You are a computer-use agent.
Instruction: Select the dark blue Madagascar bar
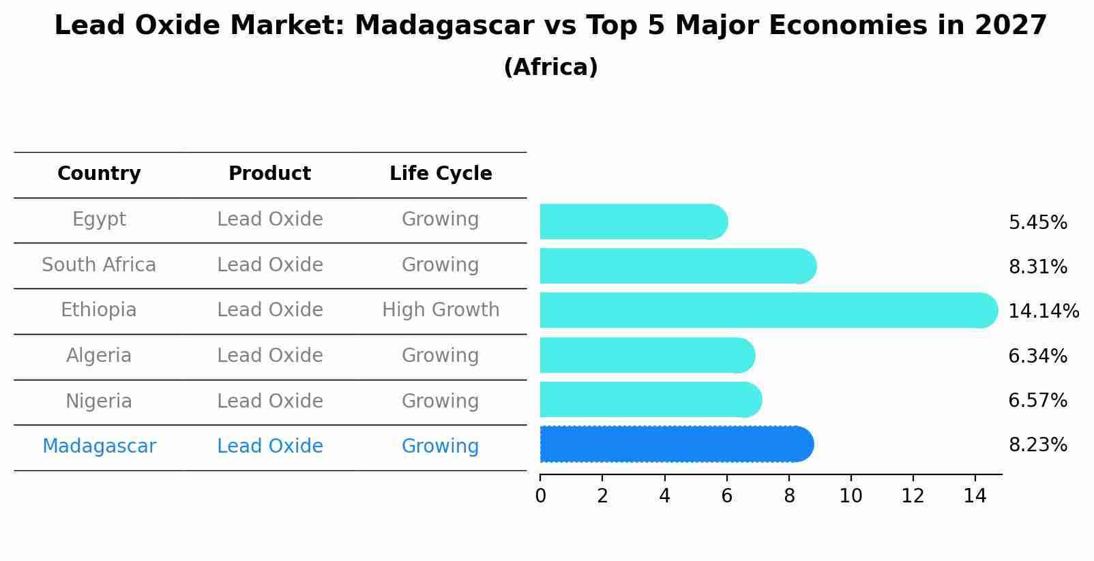pyautogui.click(x=675, y=444)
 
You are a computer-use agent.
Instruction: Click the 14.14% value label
pyautogui.click(x=1043, y=312)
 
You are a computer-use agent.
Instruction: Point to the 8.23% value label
pyautogui.click(x=1037, y=445)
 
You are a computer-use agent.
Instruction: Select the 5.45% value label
pyautogui.click(x=1037, y=223)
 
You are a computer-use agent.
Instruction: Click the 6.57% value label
pyautogui.click(x=1037, y=401)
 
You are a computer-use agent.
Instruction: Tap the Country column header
pyautogui.click(x=99, y=174)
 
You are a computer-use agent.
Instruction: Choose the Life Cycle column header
pyautogui.click(x=441, y=174)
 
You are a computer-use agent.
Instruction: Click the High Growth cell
pyautogui.click(x=441, y=310)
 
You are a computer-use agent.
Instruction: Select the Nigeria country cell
pyautogui.click(x=99, y=401)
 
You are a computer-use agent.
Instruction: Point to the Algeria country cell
pyautogui.click(x=99, y=356)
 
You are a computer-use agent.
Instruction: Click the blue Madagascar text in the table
pyautogui.click(x=99, y=446)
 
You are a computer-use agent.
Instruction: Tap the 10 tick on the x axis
pyautogui.click(x=851, y=496)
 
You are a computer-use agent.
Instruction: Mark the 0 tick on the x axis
pyautogui.click(x=540, y=496)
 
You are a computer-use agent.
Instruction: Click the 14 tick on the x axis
pyautogui.click(x=975, y=496)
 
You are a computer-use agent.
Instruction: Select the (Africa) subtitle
pyautogui.click(x=550, y=67)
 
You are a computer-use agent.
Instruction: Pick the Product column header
pyautogui.click(x=269, y=174)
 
